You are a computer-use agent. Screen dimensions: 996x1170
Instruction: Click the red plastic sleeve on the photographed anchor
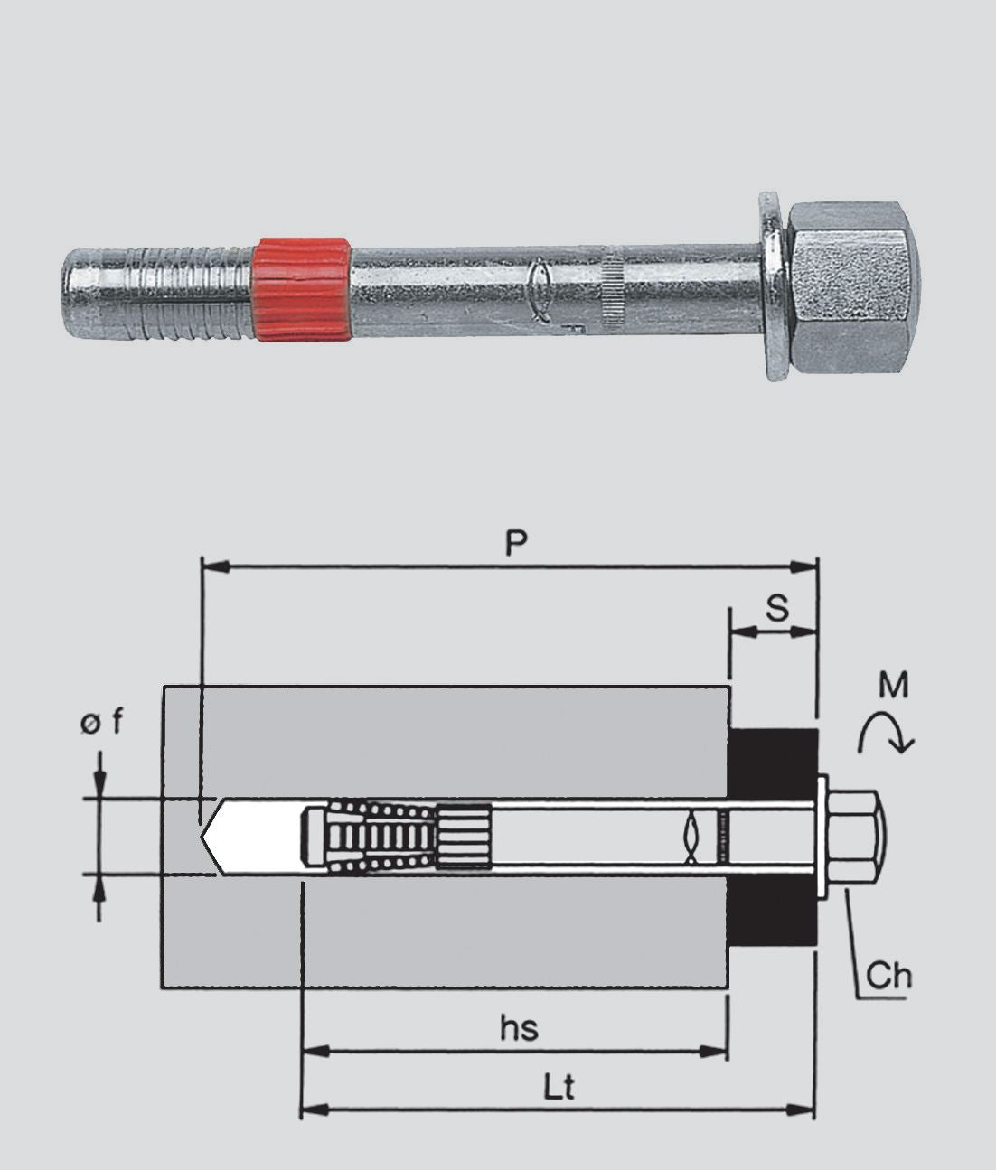(x=301, y=290)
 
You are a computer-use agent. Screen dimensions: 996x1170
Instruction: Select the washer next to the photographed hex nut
(x=774, y=285)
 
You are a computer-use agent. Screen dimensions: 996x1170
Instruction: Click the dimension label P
(x=516, y=543)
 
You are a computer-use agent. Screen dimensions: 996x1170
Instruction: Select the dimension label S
(x=777, y=608)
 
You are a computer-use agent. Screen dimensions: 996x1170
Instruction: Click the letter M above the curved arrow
(x=893, y=684)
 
